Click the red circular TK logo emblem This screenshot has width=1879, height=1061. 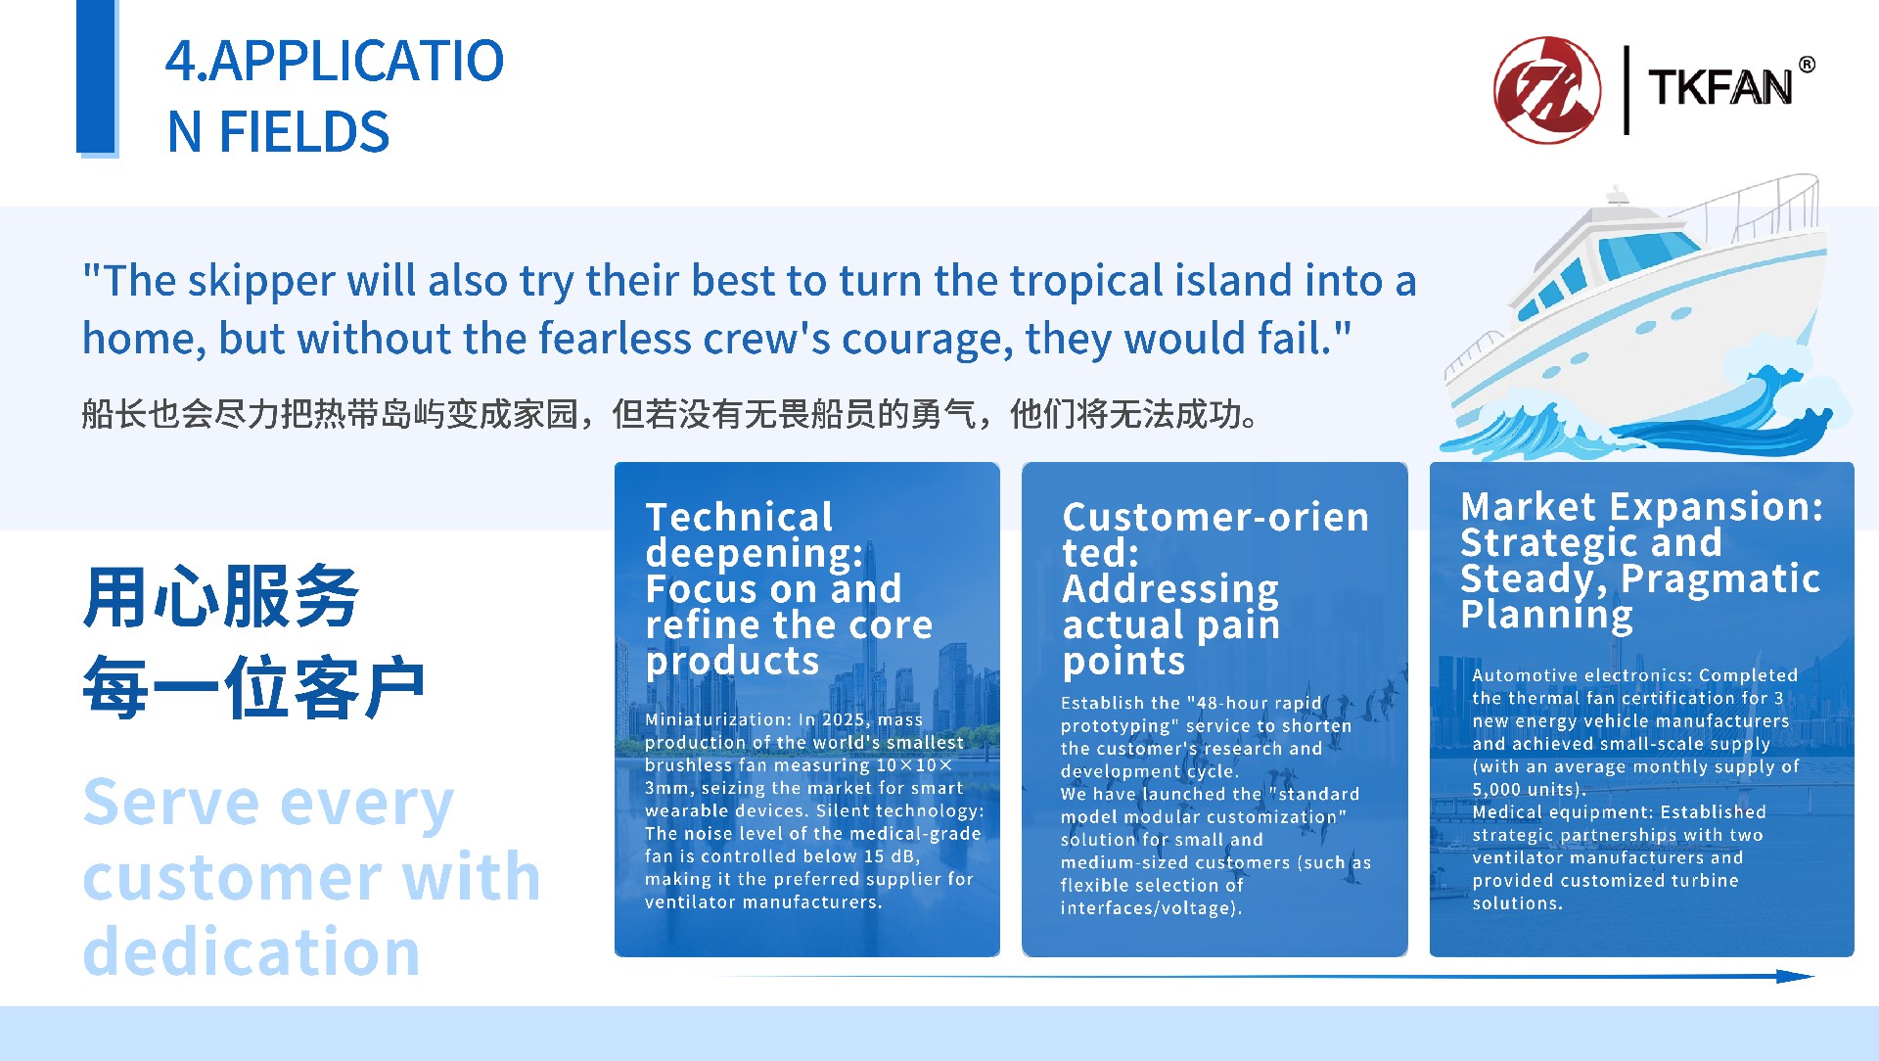1547,90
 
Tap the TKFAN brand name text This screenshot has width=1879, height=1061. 1719,88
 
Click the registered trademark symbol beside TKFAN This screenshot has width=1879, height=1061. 1807,65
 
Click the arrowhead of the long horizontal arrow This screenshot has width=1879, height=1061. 1796,976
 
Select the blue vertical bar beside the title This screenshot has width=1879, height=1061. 97,77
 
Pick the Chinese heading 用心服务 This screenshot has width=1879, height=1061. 221,596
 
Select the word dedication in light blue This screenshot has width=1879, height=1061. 252,951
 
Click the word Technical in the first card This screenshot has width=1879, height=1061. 739,517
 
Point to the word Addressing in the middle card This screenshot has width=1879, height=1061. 1170,590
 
